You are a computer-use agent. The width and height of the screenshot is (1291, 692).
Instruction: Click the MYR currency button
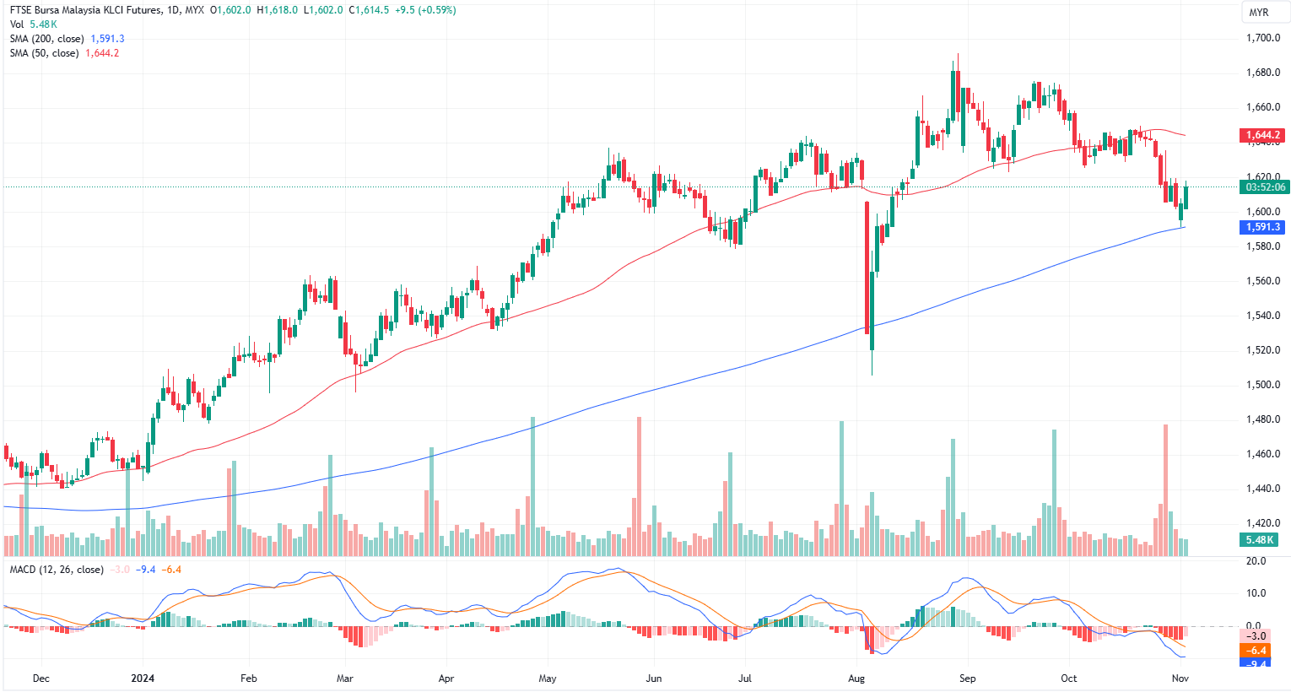1258,12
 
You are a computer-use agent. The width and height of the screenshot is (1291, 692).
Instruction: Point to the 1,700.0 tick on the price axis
1263,38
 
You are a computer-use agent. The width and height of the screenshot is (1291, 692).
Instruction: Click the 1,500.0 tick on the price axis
1263,385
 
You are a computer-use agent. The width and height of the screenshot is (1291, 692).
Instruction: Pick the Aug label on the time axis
856,678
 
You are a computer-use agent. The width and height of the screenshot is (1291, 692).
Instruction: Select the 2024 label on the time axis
143,678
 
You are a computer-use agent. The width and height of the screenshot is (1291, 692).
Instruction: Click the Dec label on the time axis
41,678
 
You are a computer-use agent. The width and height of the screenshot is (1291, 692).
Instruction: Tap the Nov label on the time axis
1180,678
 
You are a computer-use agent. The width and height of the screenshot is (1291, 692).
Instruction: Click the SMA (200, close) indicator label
46,39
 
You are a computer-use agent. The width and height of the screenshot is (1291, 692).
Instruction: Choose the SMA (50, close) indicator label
44,53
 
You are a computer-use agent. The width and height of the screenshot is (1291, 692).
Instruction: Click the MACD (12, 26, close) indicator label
57,570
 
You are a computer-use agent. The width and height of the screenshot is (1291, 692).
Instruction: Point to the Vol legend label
17,24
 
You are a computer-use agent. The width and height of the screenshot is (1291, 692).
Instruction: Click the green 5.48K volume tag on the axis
1259,540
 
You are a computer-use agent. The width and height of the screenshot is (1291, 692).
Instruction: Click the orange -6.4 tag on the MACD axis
1257,651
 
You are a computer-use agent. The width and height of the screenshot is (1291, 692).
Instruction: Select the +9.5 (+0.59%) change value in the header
425,10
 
